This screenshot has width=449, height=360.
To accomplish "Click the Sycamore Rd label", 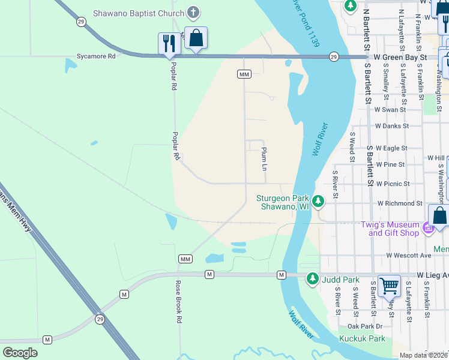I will [x=95, y=56].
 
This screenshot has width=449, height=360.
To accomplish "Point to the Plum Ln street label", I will [x=264, y=158].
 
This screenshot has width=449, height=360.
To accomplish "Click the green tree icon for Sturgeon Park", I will [x=319, y=201].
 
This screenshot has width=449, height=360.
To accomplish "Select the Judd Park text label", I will [x=340, y=279].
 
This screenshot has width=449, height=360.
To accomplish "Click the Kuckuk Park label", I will [x=361, y=339].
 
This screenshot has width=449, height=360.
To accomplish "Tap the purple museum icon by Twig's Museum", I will [x=427, y=228].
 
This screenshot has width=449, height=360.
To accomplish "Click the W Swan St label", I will [x=391, y=110].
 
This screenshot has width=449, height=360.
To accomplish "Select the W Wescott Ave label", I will [x=409, y=255].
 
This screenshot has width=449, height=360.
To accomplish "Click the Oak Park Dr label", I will [x=365, y=326].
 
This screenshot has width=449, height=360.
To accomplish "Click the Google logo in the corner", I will [x=20, y=352].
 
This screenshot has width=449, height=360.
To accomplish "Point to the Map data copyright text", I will [x=423, y=355].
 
